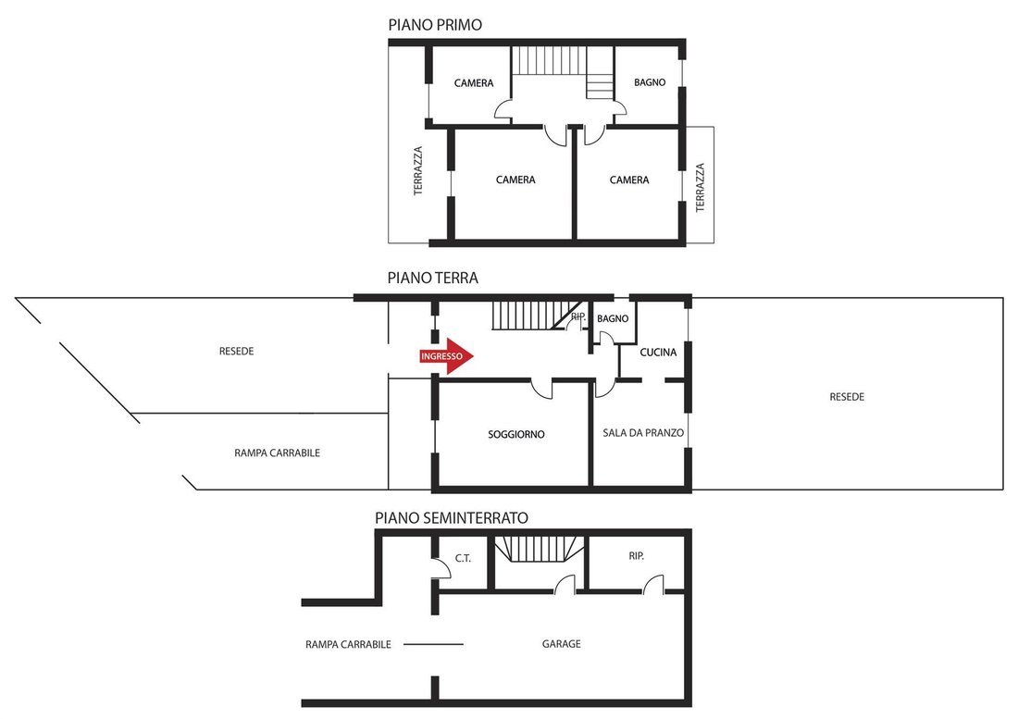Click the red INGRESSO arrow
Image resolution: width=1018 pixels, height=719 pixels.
[x=447, y=356]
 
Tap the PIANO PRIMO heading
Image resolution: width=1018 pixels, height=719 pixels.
[x=435, y=25]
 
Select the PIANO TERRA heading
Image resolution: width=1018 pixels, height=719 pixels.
[x=432, y=278]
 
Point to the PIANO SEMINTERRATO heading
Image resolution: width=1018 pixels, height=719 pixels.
[x=452, y=518]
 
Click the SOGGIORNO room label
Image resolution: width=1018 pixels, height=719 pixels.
[x=516, y=434]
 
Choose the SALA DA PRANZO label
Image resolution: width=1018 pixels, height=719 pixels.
[x=643, y=433]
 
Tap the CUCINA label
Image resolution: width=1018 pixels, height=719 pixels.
[x=658, y=353]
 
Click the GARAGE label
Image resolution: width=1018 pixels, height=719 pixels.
[x=561, y=644]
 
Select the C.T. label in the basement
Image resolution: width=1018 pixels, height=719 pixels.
[x=462, y=558]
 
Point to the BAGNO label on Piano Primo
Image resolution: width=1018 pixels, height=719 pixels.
[x=650, y=82]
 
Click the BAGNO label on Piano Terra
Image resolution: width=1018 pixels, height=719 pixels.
[x=613, y=318]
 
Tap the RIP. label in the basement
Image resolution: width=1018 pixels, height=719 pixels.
[x=636, y=556]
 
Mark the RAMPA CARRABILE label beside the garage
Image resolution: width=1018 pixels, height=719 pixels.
[x=348, y=644]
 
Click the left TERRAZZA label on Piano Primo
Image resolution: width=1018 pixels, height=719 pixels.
[x=418, y=170]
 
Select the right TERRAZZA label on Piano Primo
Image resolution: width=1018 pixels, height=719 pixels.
[x=700, y=188]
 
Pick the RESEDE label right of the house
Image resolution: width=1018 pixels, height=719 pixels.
[x=847, y=396]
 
